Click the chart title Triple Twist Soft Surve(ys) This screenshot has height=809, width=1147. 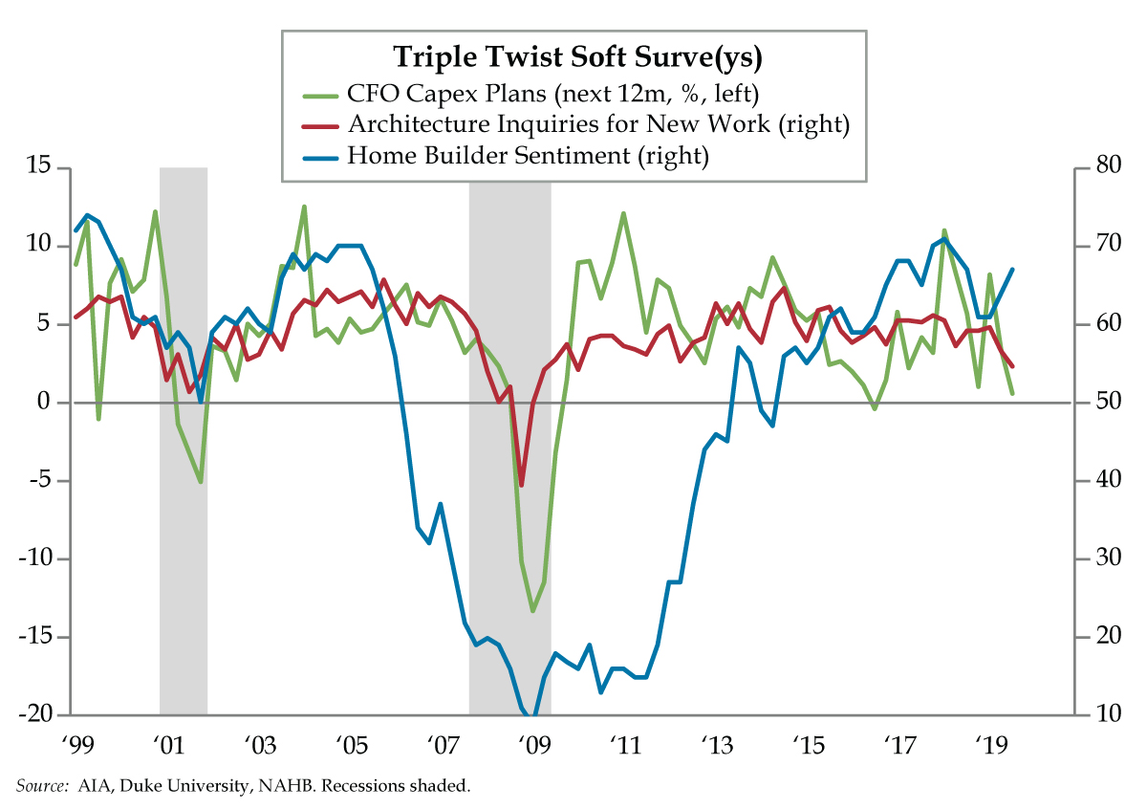(578, 57)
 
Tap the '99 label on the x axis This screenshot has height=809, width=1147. (76, 745)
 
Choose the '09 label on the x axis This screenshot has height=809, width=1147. (533, 745)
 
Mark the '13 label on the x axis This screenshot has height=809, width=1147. (717, 745)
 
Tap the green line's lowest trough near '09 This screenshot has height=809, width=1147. (533, 611)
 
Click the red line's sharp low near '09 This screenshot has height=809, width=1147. (521, 485)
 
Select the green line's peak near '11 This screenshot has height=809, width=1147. (623, 213)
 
